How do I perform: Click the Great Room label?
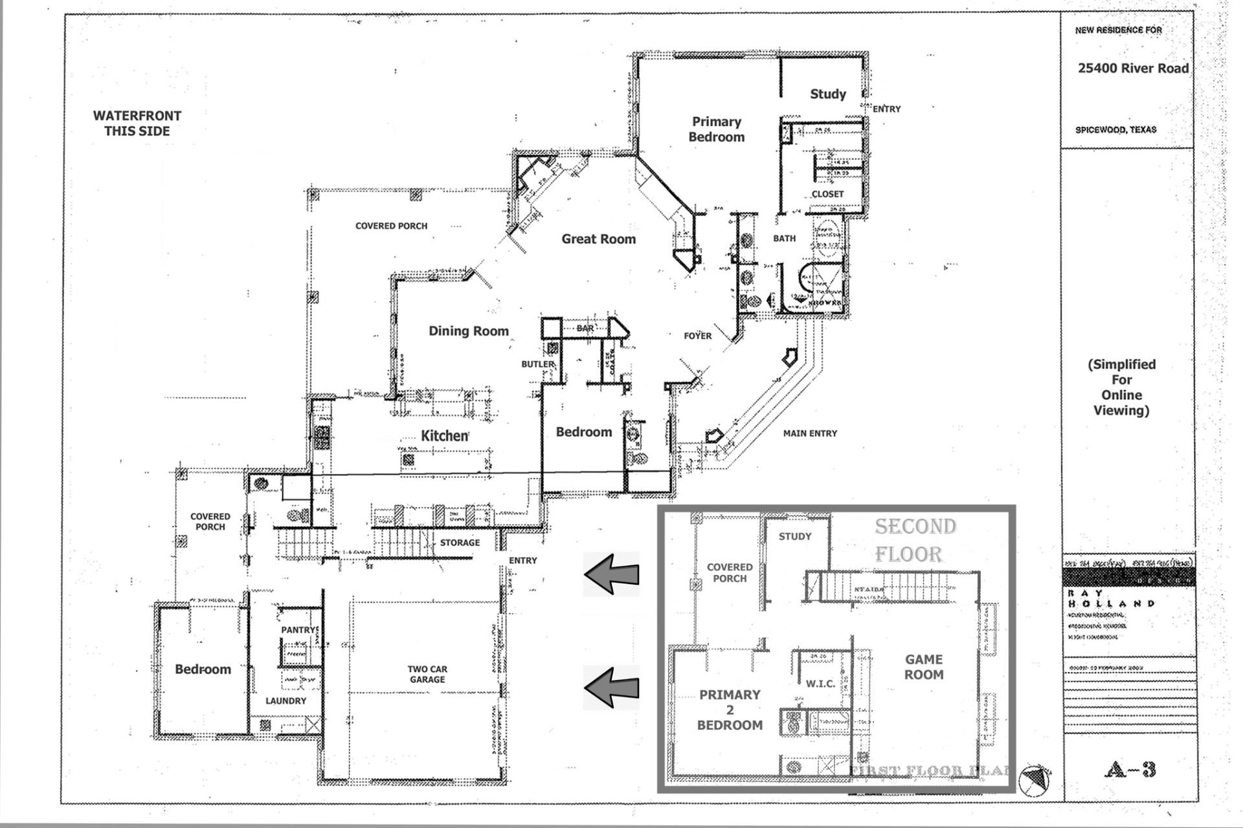point(598,239)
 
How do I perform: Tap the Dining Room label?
point(468,331)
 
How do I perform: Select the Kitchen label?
point(445,435)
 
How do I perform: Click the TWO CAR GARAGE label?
point(427,674)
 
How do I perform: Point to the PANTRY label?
point(299,629)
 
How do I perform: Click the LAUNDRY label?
point(286,701)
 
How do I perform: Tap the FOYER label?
point(697,336)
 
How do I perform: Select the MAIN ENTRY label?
point(810,433)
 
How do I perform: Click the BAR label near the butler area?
point(585,329)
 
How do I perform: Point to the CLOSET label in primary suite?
point(827,194)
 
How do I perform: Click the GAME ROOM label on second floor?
point(924,667)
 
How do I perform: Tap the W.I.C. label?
point(820,683)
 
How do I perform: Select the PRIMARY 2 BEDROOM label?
point(730,710)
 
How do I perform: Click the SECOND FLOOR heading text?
point(915,540)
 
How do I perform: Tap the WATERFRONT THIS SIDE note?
point(137,123)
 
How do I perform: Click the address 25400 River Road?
point(1133,68)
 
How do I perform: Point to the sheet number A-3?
point(1130,769)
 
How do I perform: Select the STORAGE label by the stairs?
point(460,542)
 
